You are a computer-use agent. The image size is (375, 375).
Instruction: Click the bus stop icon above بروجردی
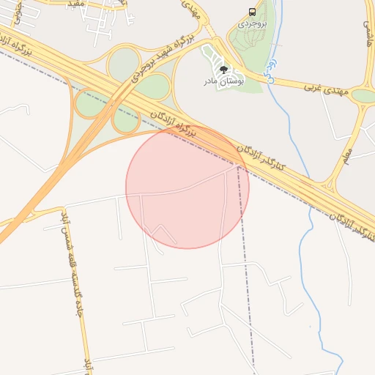pyautogui.click(x=253, y=12)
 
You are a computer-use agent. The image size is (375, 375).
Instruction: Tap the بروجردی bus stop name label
pyautogui.click(x=253, y=23)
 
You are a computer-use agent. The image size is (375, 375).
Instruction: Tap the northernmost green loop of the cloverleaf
pyautogui.click(x=123, y=64)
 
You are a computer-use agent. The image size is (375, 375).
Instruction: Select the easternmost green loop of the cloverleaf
pyautogui.click(x=152, y=87)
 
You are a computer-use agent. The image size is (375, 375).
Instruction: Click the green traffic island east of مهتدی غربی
pyautogui.click(x=363, y=95)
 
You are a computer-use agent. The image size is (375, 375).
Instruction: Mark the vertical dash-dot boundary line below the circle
pyautogui.click(x=249, y=308)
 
